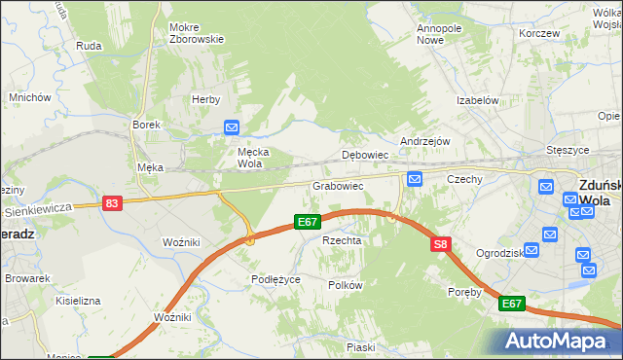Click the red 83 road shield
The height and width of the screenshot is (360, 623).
point(112,202)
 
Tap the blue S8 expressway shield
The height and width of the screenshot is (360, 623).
point(441,244)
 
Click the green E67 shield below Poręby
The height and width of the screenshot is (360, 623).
point(512,305)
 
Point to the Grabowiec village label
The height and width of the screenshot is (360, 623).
point(338,185)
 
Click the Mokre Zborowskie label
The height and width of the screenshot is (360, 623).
point(196,33)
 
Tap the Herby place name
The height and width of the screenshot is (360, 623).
point(206,99)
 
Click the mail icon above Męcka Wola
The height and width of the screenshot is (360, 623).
point(232,127)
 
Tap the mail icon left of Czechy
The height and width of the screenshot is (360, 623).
point(415,179)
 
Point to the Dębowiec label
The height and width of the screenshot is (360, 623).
point(366,155)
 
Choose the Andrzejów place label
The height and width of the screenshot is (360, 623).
point(424,140)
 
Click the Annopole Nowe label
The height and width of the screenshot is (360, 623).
point(438,34)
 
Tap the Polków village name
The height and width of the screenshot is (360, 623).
point(346,285)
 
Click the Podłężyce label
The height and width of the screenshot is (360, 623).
point(275,278)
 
